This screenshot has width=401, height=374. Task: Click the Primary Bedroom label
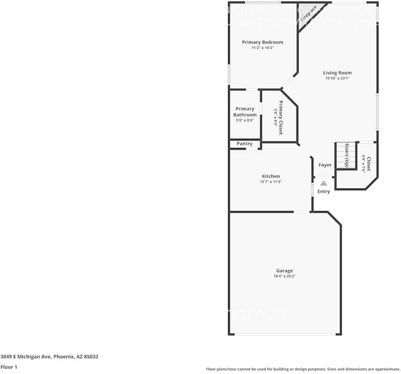(262, 42)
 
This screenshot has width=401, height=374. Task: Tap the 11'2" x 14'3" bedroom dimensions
(262, 48)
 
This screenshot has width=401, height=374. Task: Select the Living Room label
(337, 73)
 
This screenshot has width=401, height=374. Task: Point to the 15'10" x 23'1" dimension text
(337, 78)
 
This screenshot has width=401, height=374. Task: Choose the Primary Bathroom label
(245, 112)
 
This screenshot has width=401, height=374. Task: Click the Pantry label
(244, 144)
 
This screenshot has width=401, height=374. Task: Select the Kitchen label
(271, 176)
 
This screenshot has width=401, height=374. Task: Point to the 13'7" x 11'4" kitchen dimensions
(271, 182)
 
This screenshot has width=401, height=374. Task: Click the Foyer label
(325, 165)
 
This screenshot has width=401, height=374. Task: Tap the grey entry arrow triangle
(324, 183)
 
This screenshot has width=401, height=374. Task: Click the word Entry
(324, 191)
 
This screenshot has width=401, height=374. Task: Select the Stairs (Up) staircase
(346, 155)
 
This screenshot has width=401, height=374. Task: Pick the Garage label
(284, 270)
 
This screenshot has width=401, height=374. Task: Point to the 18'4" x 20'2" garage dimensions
(284, 276)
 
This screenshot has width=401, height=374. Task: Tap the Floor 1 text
(9, 367)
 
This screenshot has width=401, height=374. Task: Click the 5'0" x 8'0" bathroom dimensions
(245, 121)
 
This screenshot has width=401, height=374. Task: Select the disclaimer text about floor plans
(303, 369)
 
